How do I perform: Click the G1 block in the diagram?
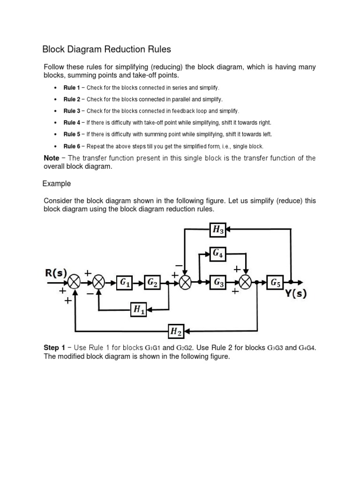(125, 282)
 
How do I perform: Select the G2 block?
(153, 282)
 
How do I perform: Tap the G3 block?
(219, 282)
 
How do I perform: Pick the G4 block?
(218, 254)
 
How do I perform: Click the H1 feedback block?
(140, 308)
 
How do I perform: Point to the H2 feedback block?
(176, 332)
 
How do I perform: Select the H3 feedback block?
(218, 229)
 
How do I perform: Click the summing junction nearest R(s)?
(75, 282)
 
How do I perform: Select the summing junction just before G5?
(246, 282)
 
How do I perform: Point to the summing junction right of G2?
(185, 282)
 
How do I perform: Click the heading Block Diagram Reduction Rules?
(107, 49)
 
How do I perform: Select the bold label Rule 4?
(72, 122)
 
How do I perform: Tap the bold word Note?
(51, 158)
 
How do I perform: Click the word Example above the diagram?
(57, 183)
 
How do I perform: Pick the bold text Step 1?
(54, 348)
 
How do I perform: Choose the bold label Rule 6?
(72, 146)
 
